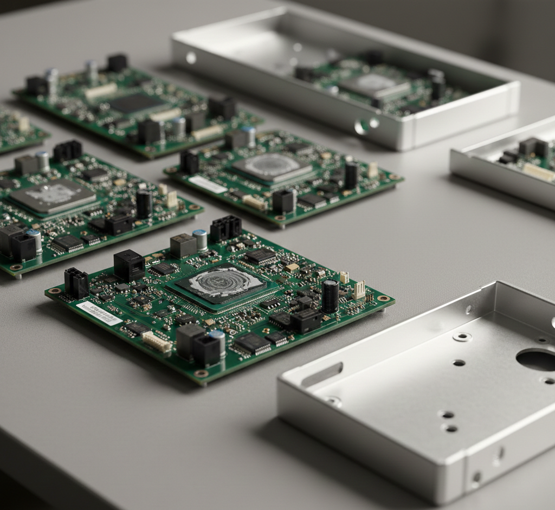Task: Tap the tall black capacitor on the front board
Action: [x=330, y=296]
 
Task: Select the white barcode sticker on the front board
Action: [x=99, y=313]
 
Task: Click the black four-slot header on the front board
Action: [x=225, y=228]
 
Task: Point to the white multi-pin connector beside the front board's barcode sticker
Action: [x=156, y=342]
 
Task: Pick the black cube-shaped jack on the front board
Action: [x=129, y=266]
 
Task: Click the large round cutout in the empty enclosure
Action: [x=537, y=359]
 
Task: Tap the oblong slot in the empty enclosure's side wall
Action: [x=322, y=374]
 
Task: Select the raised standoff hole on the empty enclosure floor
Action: [x=462, y=337]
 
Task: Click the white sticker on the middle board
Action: [x=207, y=185]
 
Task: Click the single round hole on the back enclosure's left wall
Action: [x=191, y=57]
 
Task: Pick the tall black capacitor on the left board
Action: [x=144, y=204]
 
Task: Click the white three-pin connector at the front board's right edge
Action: [x=359, y=290]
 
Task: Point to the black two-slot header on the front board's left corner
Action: [x=76, y=283]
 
